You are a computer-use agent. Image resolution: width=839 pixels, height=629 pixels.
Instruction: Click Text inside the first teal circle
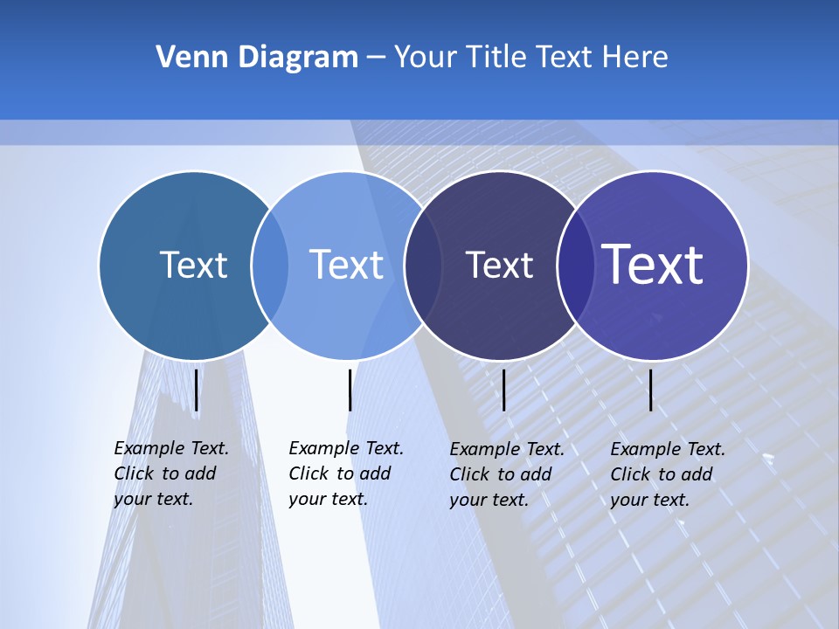tap(193, 265)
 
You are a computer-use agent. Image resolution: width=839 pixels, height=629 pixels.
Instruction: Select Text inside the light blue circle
tap(347, 265)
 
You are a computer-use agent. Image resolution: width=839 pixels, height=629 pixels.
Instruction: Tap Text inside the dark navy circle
tap(499, 265)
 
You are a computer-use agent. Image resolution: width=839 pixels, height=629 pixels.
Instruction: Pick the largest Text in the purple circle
tap(653, 265)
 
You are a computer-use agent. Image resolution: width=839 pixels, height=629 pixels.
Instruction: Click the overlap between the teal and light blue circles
tap(270, 266)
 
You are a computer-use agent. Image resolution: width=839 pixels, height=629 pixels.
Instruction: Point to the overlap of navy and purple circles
tap(575, 266)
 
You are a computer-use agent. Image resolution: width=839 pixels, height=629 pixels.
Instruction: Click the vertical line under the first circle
tap(197, 390)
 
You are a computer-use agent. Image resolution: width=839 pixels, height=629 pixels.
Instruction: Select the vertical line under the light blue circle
tap(350, 390)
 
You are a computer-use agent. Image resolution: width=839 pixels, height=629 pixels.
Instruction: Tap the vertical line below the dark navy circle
tap(504, 390)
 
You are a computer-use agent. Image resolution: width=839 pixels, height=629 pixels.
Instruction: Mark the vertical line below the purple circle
tap(651, 390)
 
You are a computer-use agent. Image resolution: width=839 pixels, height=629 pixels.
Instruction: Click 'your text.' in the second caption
tap(328, 499)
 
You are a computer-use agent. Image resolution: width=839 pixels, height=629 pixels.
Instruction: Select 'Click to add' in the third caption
tap(501, 474)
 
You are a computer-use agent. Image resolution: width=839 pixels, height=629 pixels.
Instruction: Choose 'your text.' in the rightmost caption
tap(649, 500)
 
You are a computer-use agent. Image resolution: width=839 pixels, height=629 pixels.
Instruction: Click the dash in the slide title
tap(376, 58)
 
